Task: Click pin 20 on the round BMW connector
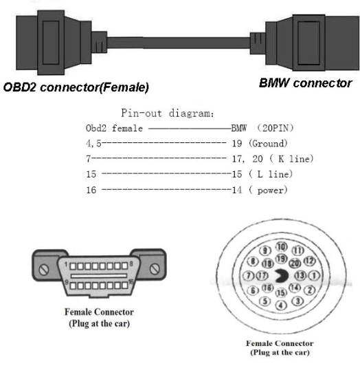pyautogui.click(x=295, y=263)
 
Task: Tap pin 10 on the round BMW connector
pyautogui.click(x=281, y=247)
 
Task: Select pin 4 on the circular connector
pyautogui.click(x=281, y=305)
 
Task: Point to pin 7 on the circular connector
pyautogui.click(x=249, y=275)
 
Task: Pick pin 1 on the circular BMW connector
pyautogui.click(x=314, y=276)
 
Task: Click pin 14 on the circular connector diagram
pyautogui.click(x=294, y=288)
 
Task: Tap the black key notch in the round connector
pyautogui.click(x=281, y=276)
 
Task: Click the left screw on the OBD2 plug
pyautogui.click(x=44, y=270)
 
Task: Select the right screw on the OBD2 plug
pyautogui.click(x=154, y=269)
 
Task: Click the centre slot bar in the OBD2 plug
pyautogui.click(x=99, y=276)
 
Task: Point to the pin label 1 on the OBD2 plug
pyautogui.click(x=66, y=265)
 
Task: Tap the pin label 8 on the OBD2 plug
pyautogui.click(x=131, y=264)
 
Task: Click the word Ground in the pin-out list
pyautogui.click(x=268, y=143)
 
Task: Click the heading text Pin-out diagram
pyautogui.click(x=168, y=113)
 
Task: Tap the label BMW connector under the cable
pyautogui.click(x=306, y=83)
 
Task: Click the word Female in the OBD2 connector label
pyautogui.click(x=124, y=87)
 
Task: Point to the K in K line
pyautogui.click(x=281, y=159)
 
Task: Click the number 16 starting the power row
pyautogui.click(x=91, y=190)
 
